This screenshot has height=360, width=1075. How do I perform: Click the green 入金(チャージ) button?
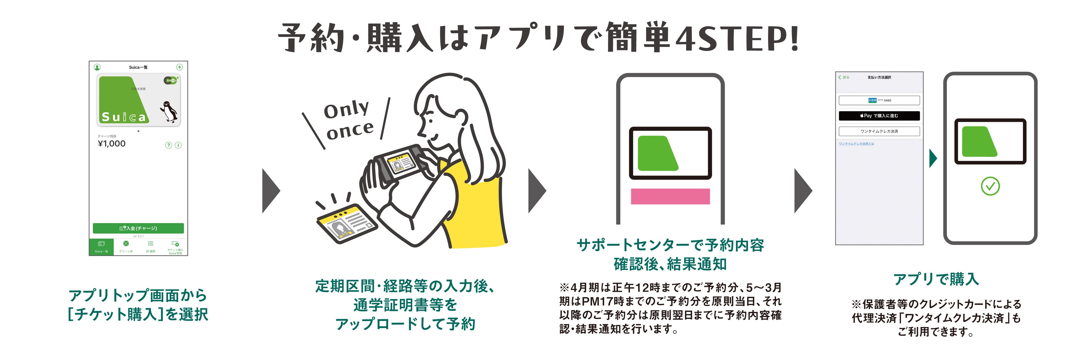pos(138,228)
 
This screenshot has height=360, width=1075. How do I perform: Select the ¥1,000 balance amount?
pos(111,144)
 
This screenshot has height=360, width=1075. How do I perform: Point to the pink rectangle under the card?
pos(670,196)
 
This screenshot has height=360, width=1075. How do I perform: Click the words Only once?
pos(348,120)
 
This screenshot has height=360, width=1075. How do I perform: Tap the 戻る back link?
pos(844,77)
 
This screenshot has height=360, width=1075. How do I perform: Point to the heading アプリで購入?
pos(936,279)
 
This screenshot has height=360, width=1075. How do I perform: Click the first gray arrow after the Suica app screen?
pos(271,191)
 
